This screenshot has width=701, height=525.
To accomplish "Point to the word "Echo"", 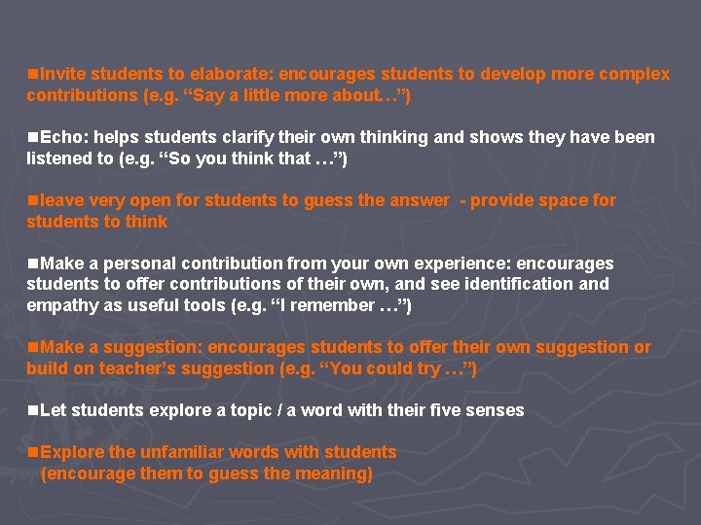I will pos(61,137).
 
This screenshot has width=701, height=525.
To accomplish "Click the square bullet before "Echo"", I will pos(33,137).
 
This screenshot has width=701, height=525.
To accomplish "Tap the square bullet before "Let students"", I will pos(33,410).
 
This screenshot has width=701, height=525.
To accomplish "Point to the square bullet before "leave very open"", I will pos(33,200).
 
